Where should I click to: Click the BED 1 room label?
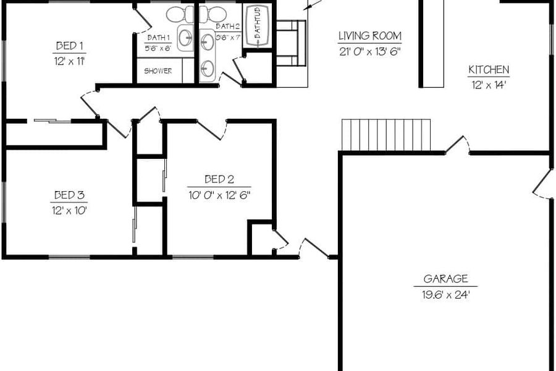[69, 46]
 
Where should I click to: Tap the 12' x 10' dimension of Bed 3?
[69, 210]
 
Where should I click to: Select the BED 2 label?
[219, 179]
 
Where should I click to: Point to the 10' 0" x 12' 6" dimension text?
[219, 195]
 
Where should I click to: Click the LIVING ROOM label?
[370, 36]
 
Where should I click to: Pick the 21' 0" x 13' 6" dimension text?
[370, 51]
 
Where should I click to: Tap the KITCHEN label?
[489, 70]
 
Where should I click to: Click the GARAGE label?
[445, 279]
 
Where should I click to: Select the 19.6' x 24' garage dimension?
[445, 294]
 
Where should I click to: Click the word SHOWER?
[158, 71]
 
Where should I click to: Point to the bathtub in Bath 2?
[257, 26]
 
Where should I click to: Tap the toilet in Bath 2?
[213, 14]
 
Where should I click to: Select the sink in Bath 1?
[185, 38]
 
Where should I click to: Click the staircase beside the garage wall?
[386, 135]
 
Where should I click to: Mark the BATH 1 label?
[159, 38]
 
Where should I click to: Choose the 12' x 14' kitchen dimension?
[489, 85]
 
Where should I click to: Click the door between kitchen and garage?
[457, 145]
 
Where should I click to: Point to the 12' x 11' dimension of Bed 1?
[69, 61]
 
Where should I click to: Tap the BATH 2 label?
[227, 26]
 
